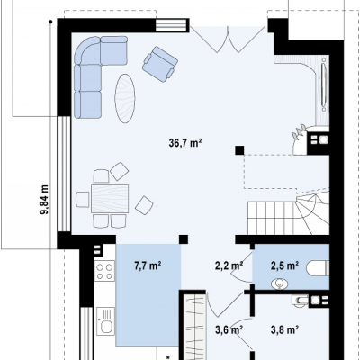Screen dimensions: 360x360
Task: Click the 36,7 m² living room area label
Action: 185,143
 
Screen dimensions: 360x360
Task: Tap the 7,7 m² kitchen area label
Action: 148,265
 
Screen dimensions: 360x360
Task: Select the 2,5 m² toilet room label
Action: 284,265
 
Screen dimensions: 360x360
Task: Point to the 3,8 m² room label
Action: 284,329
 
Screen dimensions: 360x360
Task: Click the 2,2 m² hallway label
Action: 229,265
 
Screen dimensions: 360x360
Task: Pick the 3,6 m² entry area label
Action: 229,329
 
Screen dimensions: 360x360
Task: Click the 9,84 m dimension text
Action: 44,200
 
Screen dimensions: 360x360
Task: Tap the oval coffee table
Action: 125,98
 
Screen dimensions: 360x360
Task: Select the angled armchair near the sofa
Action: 160,64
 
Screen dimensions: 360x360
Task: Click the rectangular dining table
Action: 110,199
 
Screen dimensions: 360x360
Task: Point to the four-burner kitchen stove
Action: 104,271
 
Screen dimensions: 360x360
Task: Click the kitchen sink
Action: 105,321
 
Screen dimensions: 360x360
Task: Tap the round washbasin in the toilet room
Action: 280,283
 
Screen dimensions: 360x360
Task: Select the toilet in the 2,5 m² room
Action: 318,268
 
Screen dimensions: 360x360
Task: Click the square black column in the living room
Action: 239,150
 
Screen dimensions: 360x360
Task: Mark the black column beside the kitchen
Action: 184,239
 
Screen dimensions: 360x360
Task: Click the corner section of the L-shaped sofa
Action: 86,50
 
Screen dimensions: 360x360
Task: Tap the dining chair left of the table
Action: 83,200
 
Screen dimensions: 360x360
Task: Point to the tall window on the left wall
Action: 64,174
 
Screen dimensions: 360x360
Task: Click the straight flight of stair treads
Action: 272,218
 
